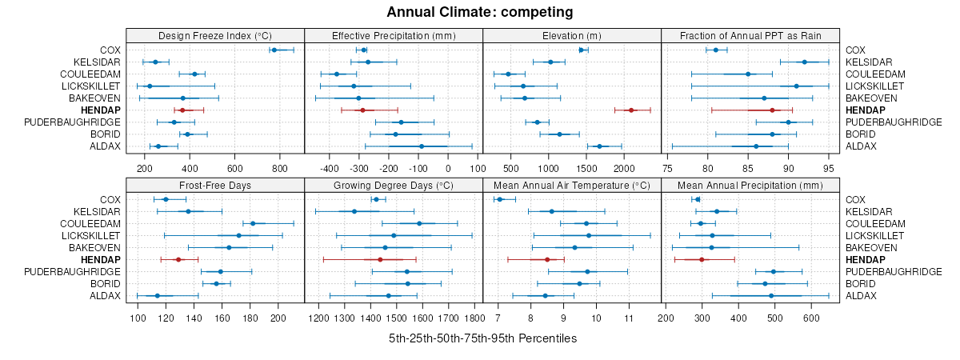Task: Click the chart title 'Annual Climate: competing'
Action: click(479, 12)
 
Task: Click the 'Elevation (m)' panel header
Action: click(572, 35)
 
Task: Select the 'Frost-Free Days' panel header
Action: click(215, 185)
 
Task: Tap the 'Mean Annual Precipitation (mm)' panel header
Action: click(750, 185)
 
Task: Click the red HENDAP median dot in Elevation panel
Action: click(630, 110)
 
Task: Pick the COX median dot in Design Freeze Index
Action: click(274, 50)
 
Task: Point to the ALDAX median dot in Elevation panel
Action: click(599, 146)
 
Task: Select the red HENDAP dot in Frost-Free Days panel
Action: click(178, 259)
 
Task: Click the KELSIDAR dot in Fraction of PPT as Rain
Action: click(805, 62)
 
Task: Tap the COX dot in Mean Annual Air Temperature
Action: click(500, 199)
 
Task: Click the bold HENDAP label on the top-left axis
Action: click(103, 110)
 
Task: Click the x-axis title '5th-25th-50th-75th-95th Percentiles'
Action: click(482, 338)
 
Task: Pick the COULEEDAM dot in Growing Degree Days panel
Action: click(419, 223)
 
